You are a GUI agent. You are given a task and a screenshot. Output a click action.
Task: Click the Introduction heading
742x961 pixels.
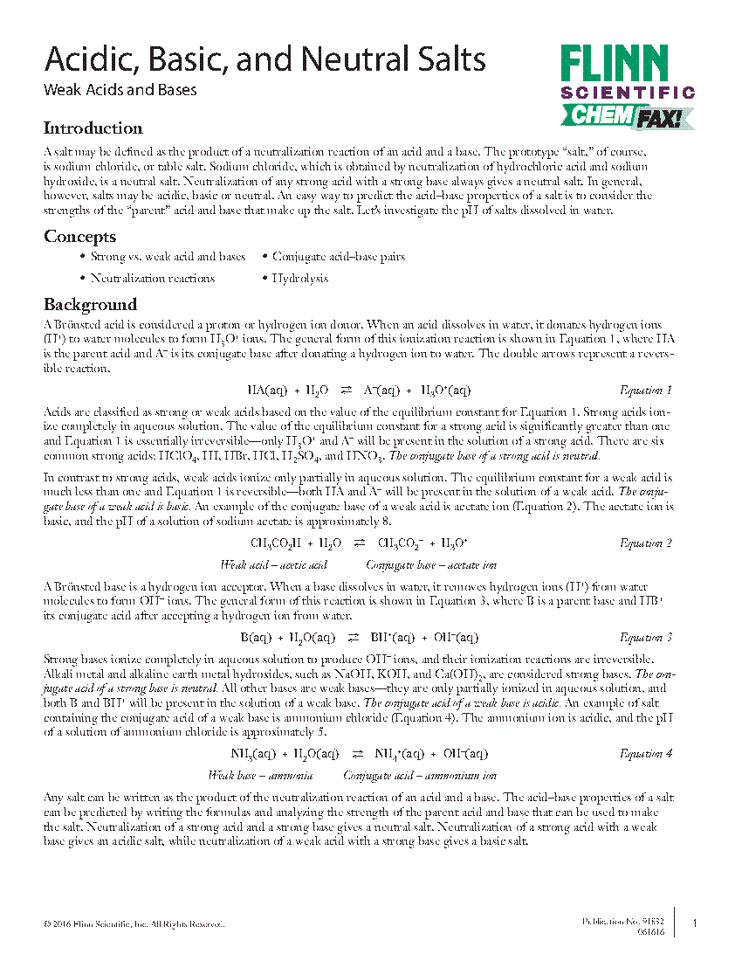pos(93,128)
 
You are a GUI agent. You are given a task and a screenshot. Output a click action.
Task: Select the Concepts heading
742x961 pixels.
pos(79,237)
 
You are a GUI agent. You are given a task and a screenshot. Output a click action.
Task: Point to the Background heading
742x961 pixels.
pos(90,304)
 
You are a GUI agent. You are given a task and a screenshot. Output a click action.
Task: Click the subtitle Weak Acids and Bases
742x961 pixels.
pos(120,90)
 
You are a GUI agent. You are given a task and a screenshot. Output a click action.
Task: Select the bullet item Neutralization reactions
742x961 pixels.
pos(152,278)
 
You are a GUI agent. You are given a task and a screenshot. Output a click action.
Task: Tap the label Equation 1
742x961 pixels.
pos(645,390)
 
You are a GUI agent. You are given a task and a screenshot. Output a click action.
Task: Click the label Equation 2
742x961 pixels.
pos(645,543)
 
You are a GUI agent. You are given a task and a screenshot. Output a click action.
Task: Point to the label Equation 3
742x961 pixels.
pos(645,637)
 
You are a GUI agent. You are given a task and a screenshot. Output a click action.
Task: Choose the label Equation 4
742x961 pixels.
pos(645,753)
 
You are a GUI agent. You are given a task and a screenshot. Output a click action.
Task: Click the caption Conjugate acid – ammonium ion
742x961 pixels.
pos(420,775)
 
